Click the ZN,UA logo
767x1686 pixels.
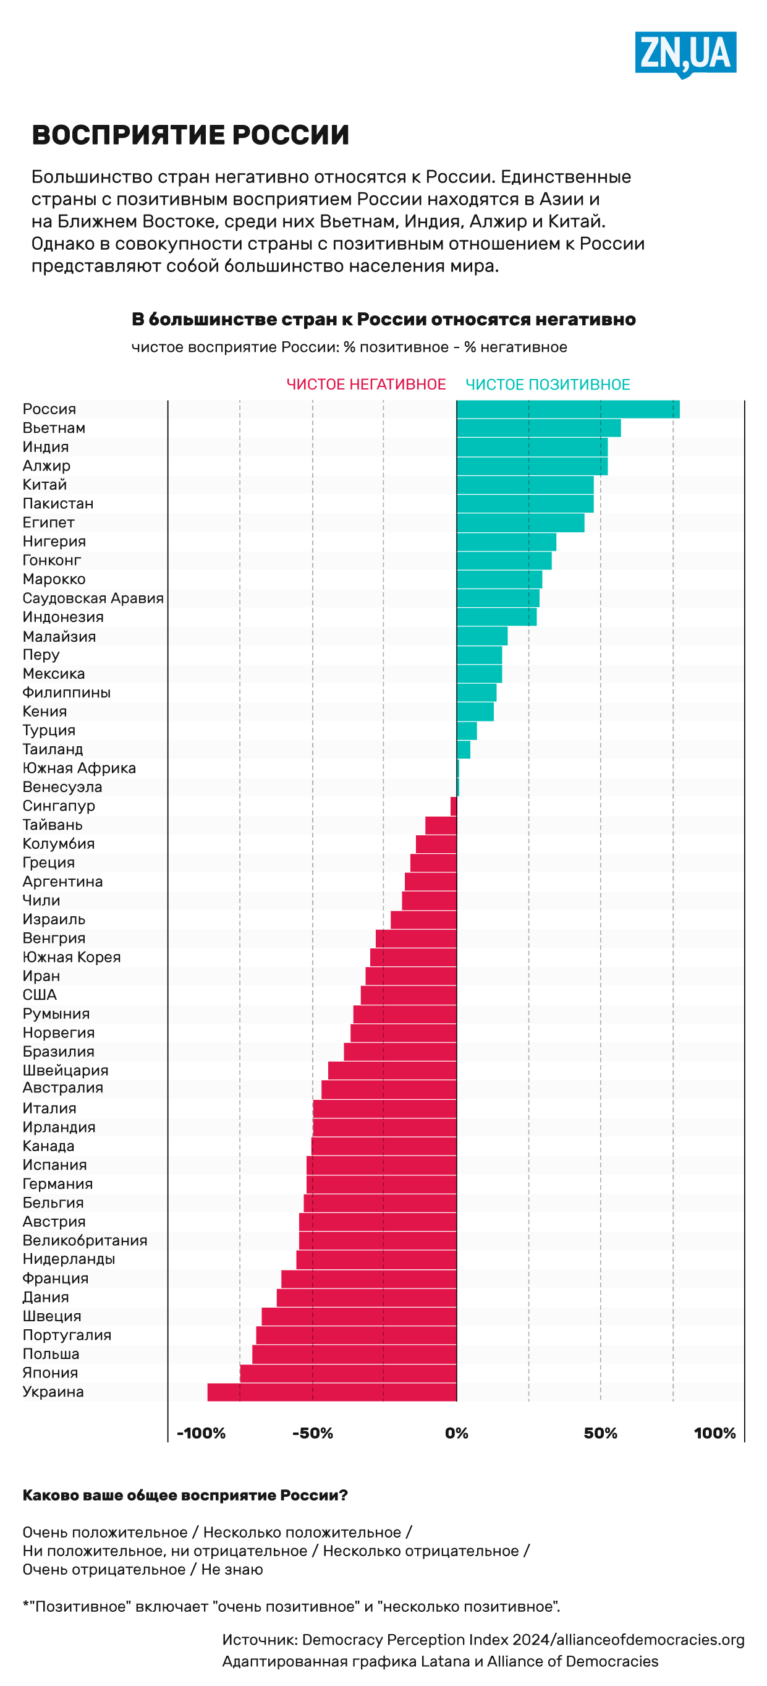click(x=685, y=54)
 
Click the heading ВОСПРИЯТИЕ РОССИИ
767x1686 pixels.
click(x=190, y=135)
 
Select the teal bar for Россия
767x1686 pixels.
click(x=567, y=409)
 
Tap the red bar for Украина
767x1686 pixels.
click(x=332, y=1392)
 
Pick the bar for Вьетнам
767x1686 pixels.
click(x=538, y=428)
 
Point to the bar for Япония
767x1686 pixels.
click(x=348, y=1373)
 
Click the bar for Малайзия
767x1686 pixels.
click(x=481, y=636)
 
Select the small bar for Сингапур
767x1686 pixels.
click(x=454, y=806)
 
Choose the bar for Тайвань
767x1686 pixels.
click(x=441, y=825)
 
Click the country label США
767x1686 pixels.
click(x=40, y=995)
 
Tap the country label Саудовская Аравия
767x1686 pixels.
click(x=93, y=598)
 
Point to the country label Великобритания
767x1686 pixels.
click(x=85, y=1240)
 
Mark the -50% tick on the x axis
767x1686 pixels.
click(x=313, y=1433)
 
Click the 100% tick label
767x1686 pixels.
click(x=714, y=1433)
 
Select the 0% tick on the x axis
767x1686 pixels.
click(x=456, y=1433)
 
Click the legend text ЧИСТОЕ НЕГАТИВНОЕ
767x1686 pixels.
click(x=366, y=385)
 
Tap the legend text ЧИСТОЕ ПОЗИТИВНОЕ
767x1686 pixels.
click(x=548, y=385)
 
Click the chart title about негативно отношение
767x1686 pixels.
click(x=383, y=320)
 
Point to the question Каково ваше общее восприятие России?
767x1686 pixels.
click(x=185, y=1496)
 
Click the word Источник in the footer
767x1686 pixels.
click(x=259, y=1640)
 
